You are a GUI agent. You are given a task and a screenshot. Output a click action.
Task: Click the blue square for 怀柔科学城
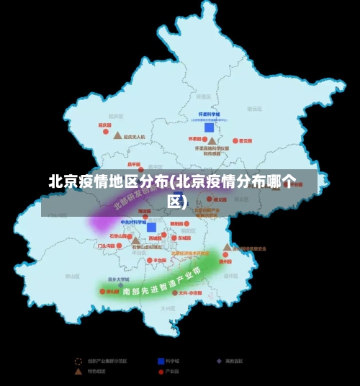tap(209, 127)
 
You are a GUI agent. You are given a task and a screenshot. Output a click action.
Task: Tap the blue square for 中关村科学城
tap(151, 227)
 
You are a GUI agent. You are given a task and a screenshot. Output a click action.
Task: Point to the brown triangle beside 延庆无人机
tap(117, 135)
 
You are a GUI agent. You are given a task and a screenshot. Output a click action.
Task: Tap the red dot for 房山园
tap(102, 292)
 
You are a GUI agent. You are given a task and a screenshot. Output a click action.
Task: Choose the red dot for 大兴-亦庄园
tap(174, 293)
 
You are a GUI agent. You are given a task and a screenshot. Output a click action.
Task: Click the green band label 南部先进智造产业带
tap(162, 282)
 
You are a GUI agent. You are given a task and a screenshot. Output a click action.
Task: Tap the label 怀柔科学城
tap(209, 115)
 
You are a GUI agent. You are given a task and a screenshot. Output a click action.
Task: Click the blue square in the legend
tap(161, 361)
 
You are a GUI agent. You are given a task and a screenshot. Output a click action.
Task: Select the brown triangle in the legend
tap(78, 372)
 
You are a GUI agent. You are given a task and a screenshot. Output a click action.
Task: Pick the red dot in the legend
tap(161, 372)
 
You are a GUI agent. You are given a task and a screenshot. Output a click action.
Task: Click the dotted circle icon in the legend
tap(78, 361)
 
